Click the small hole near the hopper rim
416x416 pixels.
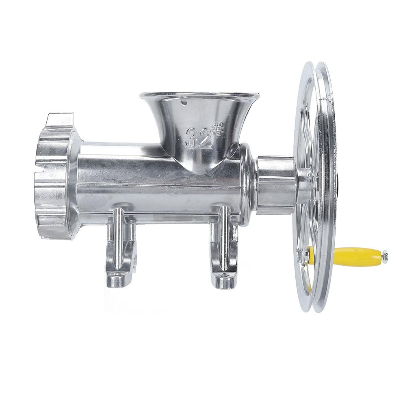coord(184,102)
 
